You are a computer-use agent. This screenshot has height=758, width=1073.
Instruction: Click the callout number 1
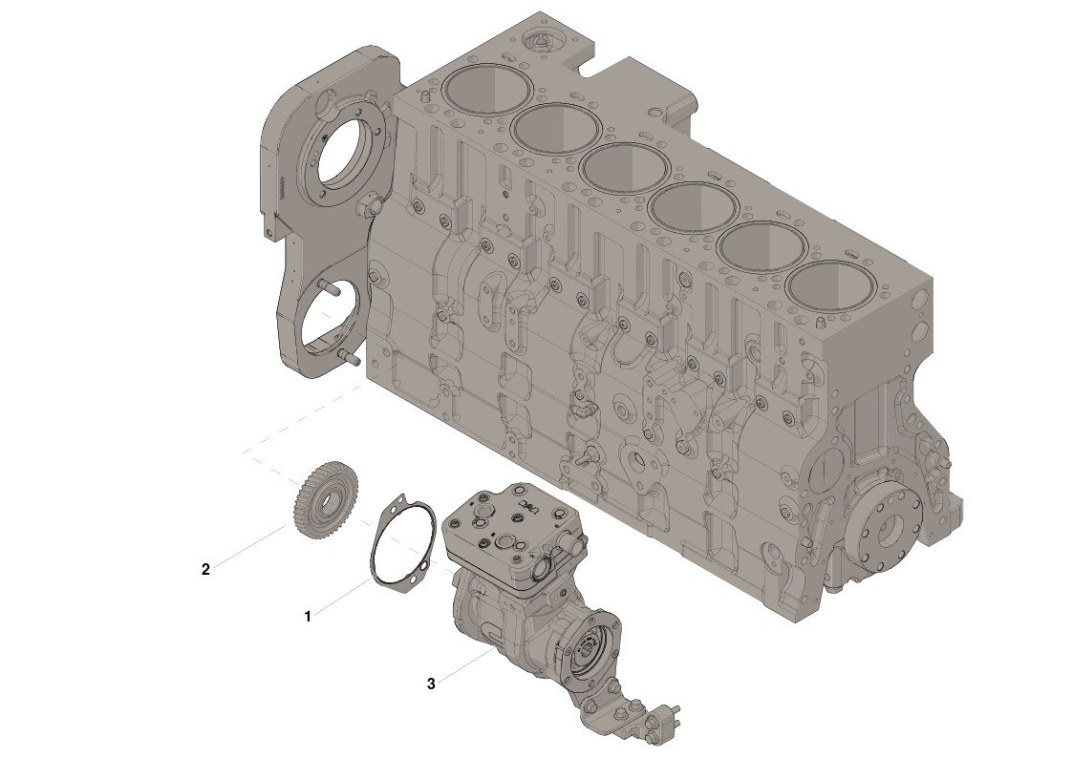click(308, 617)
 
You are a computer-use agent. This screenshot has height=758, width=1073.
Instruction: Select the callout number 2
click(205, 569)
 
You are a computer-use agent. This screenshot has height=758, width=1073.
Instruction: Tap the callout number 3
click(431, 684)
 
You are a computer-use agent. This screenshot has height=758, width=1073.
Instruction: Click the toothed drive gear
click(329, 498)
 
